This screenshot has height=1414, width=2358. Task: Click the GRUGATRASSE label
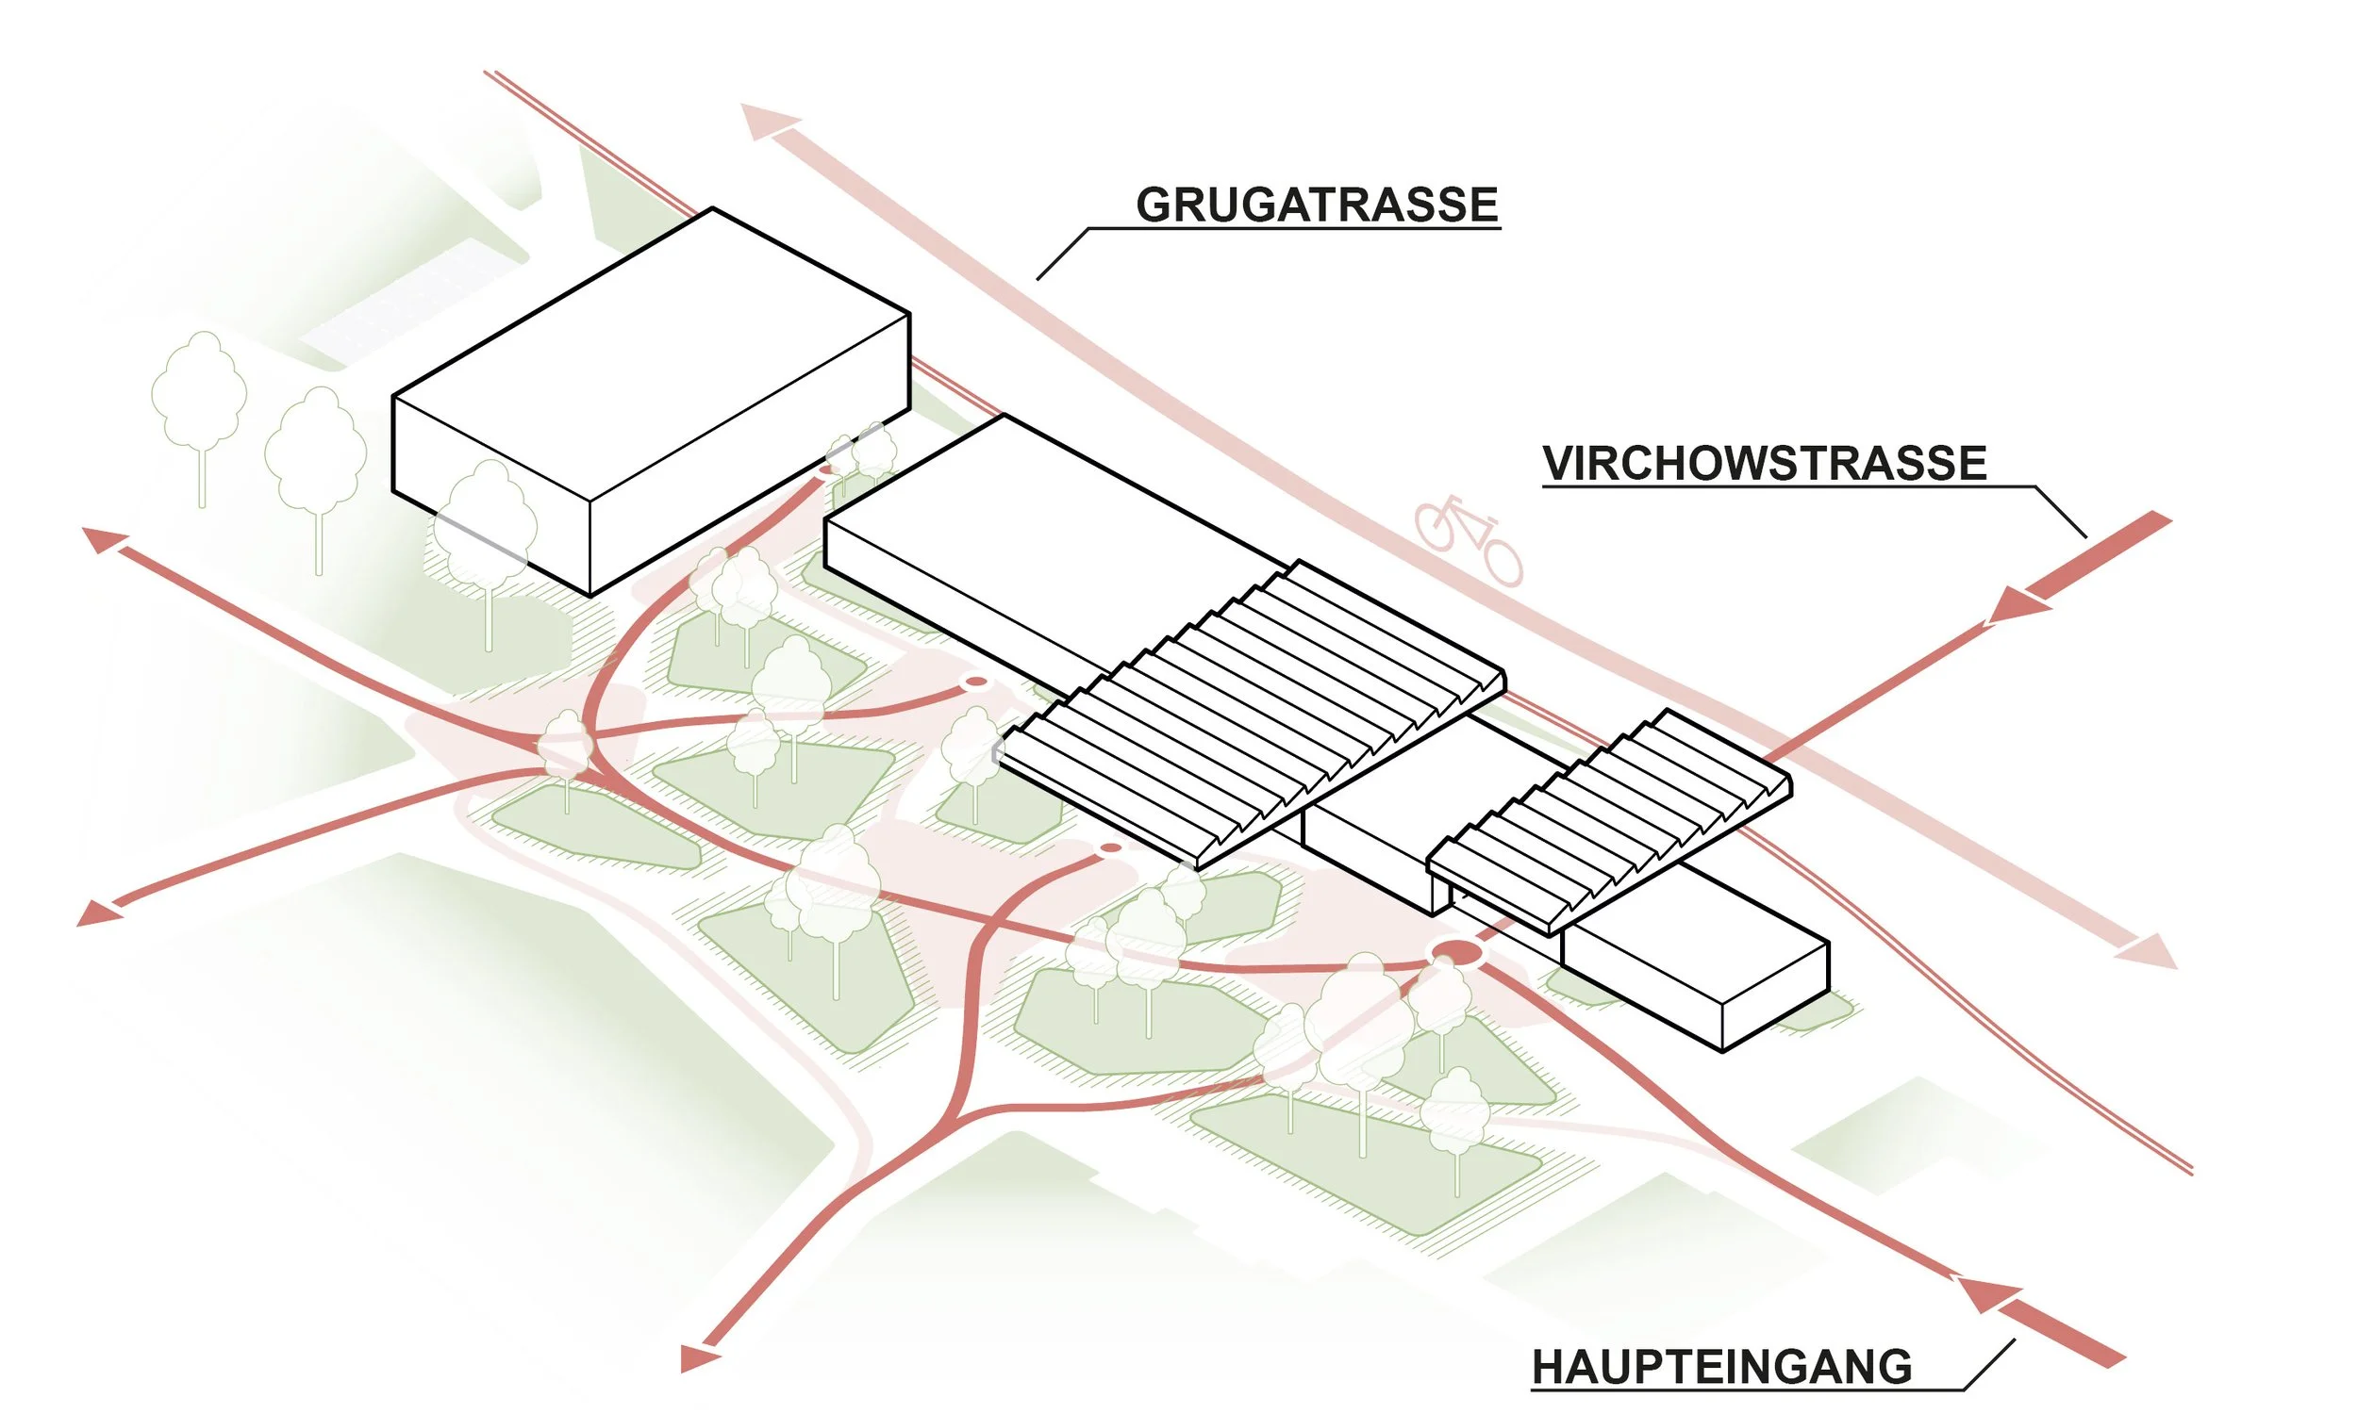1317,205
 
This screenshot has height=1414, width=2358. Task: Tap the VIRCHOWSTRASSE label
1764,463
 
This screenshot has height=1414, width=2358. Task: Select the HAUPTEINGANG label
1721,1366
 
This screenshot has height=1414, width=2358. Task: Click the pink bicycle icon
1468,538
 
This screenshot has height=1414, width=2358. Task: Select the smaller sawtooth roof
1611,819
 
